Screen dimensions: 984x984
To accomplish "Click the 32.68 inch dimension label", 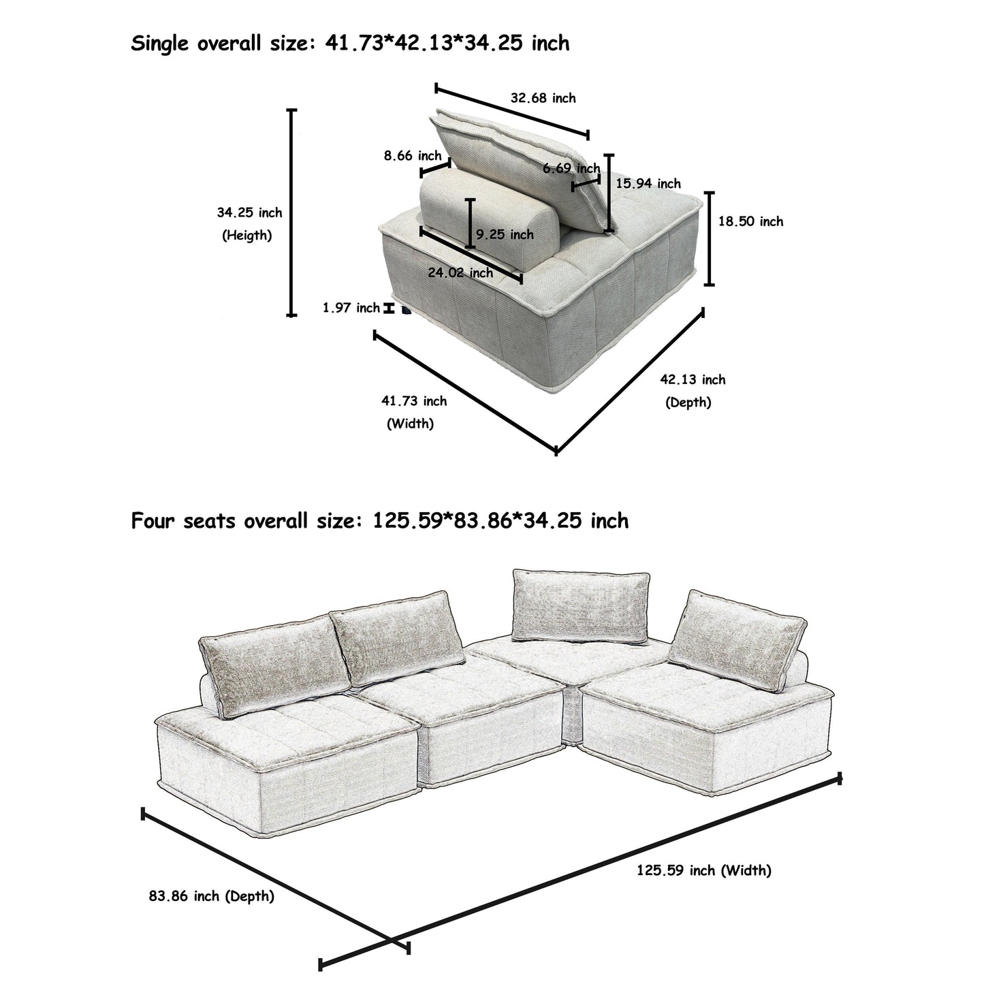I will click(543, 98).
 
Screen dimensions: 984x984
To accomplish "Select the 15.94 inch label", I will click(648, 183).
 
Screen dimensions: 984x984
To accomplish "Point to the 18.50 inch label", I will click(750, 221).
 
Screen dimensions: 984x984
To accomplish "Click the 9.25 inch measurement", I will click(505, 234).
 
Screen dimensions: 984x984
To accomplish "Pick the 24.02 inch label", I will click(460, 272).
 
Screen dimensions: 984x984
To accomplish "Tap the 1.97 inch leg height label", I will click(351, 308).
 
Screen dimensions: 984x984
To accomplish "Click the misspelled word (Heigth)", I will click(247, 236).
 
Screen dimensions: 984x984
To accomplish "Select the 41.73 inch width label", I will click(413, 401).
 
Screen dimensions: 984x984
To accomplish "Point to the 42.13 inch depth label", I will click(693, 380).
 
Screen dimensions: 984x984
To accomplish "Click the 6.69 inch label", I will click(571, 168).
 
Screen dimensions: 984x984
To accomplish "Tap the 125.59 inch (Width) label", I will click(703, 870).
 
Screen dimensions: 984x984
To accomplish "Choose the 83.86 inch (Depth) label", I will click(211, 896).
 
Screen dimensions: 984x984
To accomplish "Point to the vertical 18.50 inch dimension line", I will click(710, 238).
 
